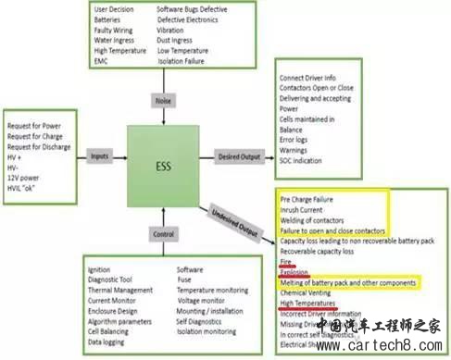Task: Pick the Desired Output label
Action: coord(241,157)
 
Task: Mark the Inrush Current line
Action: coord(302,208)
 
